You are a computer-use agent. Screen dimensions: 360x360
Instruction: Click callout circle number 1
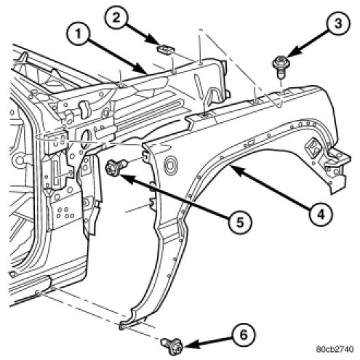click(x=78, y=34)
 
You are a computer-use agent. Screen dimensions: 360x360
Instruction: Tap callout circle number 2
click(x=117, y=18)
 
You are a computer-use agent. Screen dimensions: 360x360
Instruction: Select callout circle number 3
click(x=338, y=23)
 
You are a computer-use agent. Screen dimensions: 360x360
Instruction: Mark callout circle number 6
click(x=244, y=335)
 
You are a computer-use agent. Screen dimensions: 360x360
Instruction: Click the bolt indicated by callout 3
click(x=281, y=66)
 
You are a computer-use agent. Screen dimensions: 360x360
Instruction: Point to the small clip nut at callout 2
click(x=166, y=49)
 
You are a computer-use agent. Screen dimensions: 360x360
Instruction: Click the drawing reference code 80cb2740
click(x=335, y=349)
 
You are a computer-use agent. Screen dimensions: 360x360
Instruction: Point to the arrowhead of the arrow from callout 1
click(x=143, y=71)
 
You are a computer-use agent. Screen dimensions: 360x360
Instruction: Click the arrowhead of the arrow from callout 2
click(x=157, y=43)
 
